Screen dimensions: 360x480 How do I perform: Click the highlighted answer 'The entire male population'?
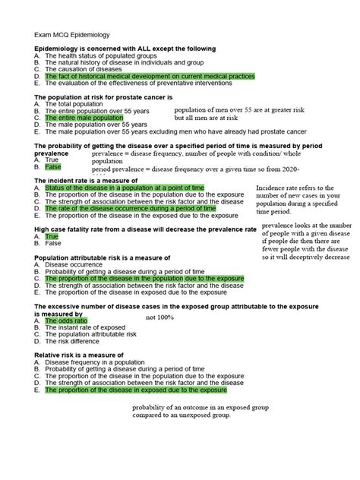(x=84, y=118)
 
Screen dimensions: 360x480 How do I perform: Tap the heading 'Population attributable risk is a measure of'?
(x=108, y=257)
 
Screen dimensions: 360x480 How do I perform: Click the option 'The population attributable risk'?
(x=91, y=334)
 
